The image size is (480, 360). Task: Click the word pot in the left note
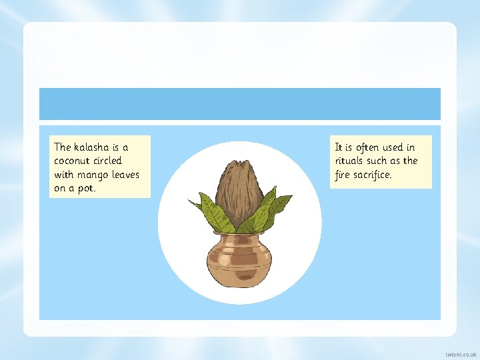pyautogui.click(x=87, y=189)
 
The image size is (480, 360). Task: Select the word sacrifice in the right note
pyautogui.click(x=373, y=175)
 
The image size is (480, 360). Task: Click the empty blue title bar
pyautogui.click(x=239, y=104)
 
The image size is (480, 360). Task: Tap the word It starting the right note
pyautogui.click(x=339, y=147)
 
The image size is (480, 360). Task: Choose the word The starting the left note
pyautogui.click(x=62, y=147)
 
